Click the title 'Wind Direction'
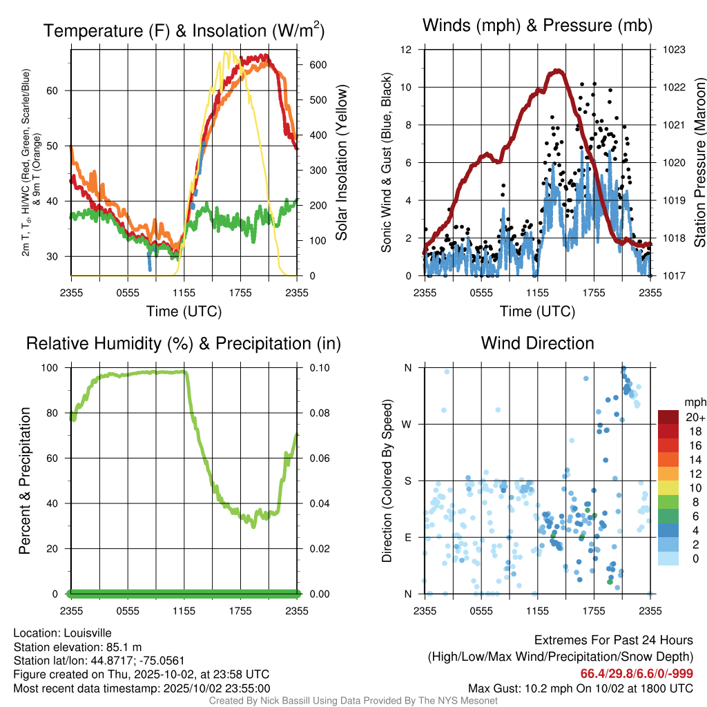537,343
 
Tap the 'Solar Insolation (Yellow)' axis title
341,163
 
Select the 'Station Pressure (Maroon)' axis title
699,163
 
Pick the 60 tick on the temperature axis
60,90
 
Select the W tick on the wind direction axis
408,424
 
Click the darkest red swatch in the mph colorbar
668,417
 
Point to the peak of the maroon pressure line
556,70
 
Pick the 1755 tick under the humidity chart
240,611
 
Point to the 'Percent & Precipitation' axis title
25,481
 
